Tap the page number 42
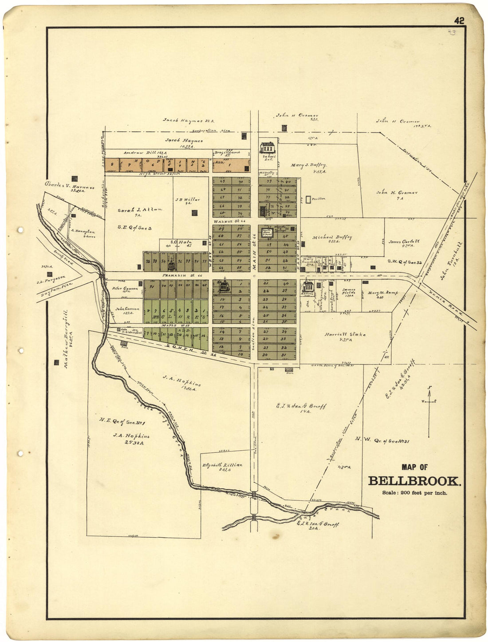pyautogui.click(x=459, y=20)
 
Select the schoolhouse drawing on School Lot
pyautogui.click(x=268, y=147)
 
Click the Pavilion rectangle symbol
pyautogui.click(x=308, y=199)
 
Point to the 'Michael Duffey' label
pyautogui.click(x=332, y=238)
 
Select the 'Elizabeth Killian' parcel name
pyautogui.click(x=222, y=465)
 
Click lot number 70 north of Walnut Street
pyautogui.click(x=241, y=182)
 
